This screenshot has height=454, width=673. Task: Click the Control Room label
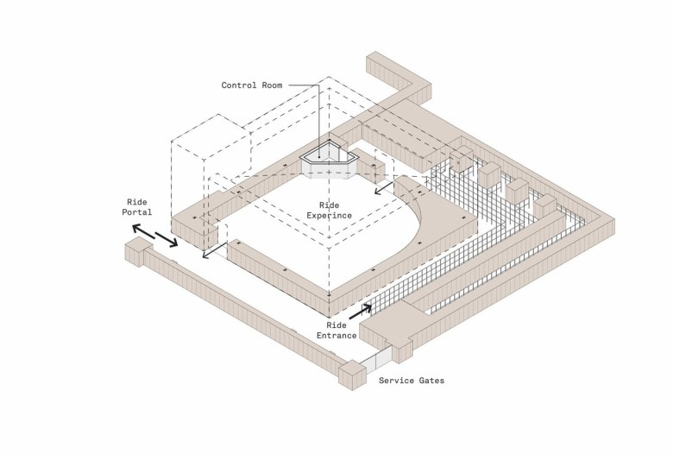252,85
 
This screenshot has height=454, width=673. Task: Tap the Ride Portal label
137,207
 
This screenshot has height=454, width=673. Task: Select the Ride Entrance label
336,331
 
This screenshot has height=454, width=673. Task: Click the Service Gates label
412,380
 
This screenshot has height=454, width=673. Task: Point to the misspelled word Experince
330,215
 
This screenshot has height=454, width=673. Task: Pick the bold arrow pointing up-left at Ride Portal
143,231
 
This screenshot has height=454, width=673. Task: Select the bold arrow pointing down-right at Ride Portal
167,240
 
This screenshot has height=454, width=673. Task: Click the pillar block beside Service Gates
352,375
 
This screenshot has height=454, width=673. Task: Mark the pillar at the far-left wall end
139,253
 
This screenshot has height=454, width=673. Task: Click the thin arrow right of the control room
384,187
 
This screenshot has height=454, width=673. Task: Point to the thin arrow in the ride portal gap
214,251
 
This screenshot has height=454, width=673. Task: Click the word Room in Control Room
272,85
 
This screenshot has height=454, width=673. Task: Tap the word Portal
137,211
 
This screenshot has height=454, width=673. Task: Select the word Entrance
336,336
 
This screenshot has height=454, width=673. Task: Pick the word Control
239,85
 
